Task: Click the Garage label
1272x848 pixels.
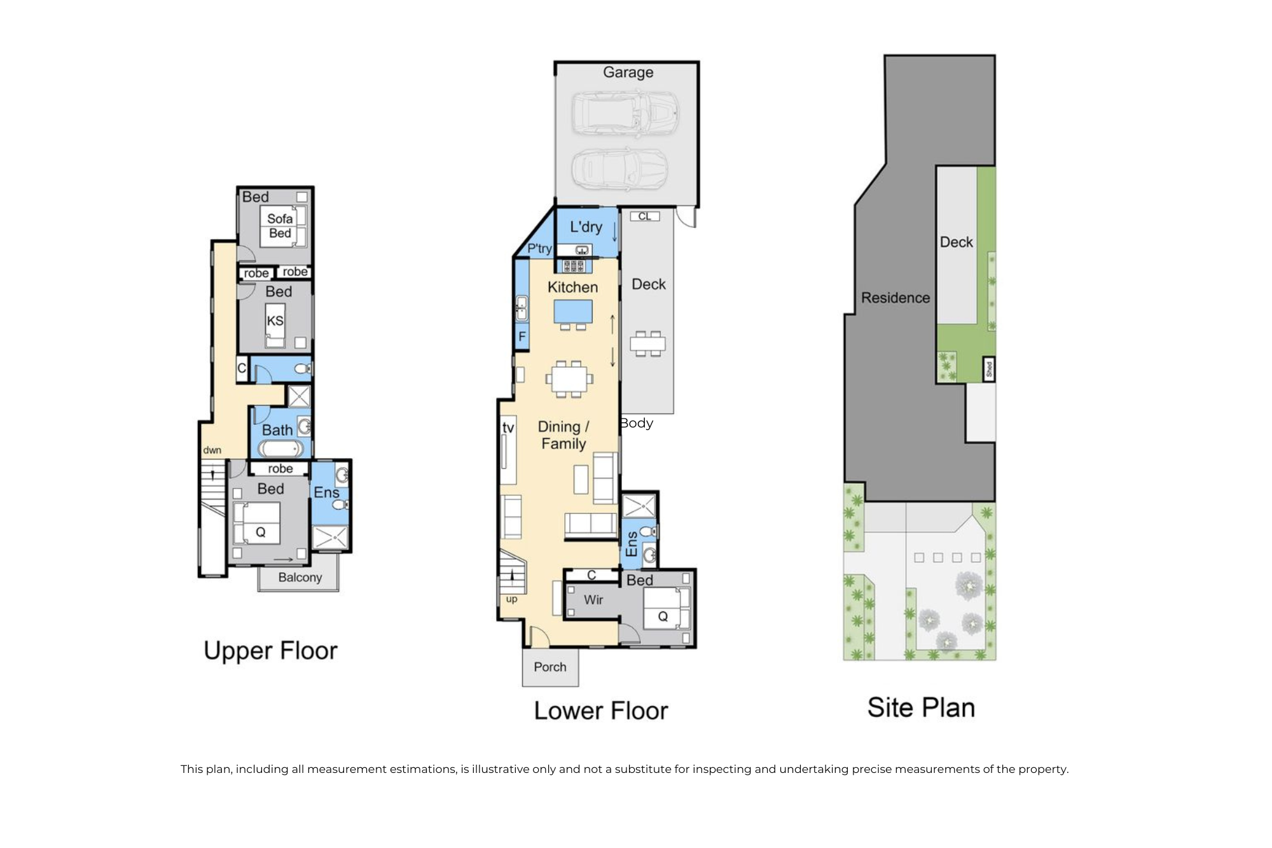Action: [x=628, y=73]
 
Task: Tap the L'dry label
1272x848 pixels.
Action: [x=586, y=227]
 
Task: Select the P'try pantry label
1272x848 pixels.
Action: [x=539, y=249]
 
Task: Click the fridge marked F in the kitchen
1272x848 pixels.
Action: [x=522, y=337]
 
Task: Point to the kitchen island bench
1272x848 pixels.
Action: [x=573, y=312]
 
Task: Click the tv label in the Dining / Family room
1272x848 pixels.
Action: [x=508, y=427]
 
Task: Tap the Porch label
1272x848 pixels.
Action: [x=550, y=667]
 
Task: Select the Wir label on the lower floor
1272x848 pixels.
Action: [x=593, y=600]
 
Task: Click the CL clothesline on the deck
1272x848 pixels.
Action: [x=645, y=216]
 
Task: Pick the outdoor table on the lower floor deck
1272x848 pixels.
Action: [x=647, y=344]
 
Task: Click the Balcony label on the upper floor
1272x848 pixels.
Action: [x=300, y=578]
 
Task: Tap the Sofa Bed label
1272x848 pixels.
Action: [x=280, y=226]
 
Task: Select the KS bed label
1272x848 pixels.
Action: [x=275, y=321]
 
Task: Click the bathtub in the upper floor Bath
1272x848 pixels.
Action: [x=280, y=449]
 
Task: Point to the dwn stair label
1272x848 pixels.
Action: [x=212, y=450]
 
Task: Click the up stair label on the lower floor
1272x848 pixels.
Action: [x=511, y=599]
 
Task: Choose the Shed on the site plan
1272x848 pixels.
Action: [x=989, y=369]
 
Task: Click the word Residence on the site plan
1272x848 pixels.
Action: [x=895, y=298]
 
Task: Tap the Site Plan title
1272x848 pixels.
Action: [x=921, y=707]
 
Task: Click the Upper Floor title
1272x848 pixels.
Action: [x=270, y=651]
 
